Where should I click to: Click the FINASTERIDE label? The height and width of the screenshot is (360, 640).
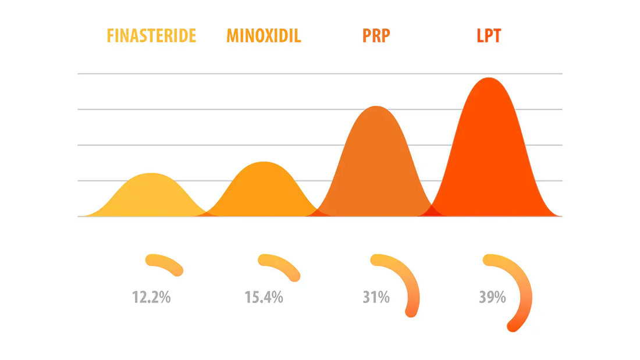pos(151,36)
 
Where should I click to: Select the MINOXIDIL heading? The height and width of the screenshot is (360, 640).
pos(264,36)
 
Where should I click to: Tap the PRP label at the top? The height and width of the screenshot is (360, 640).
pos(376,36)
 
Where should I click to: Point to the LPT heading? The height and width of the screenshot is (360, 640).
pos(488,36)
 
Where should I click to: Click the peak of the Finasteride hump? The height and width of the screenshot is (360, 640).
pos(151,174)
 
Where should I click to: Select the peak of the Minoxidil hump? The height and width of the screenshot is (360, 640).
pos(264,162)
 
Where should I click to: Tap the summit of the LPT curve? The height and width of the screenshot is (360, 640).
pos(489,79)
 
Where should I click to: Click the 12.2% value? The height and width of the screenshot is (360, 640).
pos(151,298)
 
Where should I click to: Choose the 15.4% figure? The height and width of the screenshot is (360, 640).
pos(264,298)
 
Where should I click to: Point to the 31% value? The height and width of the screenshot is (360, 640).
pos(376,298)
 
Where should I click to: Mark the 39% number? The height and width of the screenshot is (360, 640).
pos(492,298)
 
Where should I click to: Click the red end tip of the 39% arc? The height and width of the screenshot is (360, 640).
pos(513,326)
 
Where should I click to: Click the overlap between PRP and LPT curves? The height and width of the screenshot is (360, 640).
pos(432,211)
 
